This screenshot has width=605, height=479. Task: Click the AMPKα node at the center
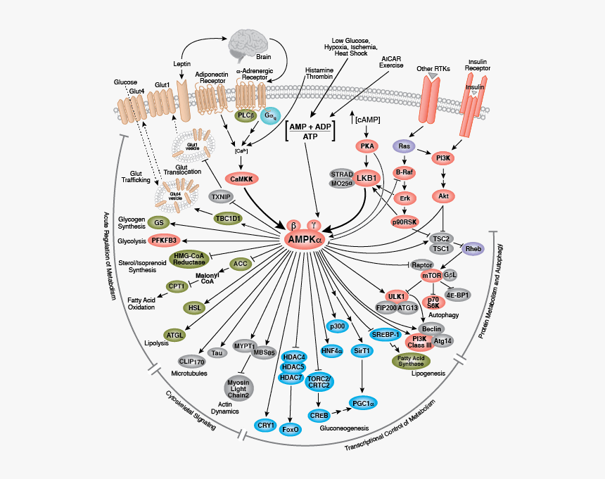point(302,240)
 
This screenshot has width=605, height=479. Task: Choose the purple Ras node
point(404,146)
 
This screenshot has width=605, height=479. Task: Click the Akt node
point(443,196)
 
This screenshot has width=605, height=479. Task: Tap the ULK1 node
point(395,296)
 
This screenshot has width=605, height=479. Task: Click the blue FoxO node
point(291,428)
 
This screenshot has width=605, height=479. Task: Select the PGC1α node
point(362,402)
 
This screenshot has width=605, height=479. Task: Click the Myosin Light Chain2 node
point(240,389)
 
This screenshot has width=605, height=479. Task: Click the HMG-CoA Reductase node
point(189,258)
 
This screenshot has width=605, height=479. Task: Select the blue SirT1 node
point(362,350)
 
